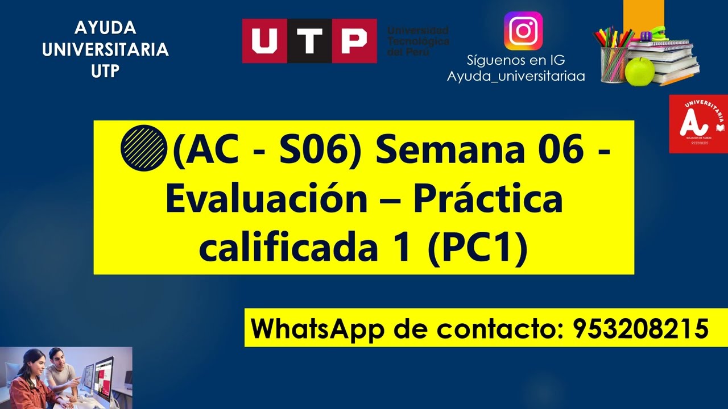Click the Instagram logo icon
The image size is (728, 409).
(x=523, y=31)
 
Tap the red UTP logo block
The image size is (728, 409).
(x=309, y=40)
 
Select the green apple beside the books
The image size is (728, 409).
(x=640, y=71)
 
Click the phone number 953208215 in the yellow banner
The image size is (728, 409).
(x=641, y=328)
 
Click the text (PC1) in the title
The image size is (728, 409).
(x=478, y=248)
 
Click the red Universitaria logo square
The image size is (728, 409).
(x=698, y=124)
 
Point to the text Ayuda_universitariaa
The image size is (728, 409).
(x=516, y=76)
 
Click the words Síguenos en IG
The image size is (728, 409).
(x=516, y=60)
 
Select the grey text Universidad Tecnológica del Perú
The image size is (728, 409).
(x=418, y=41)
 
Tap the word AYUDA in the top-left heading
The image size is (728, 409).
(x=105, y=28)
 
